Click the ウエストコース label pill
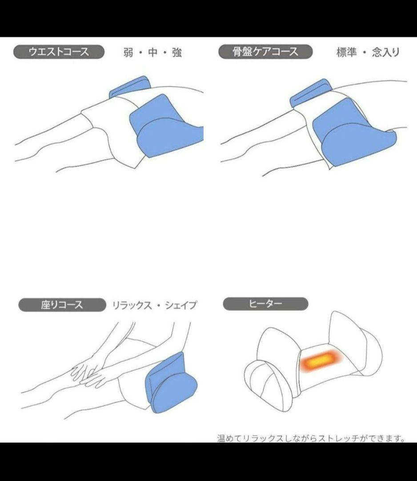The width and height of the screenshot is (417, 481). (x=59, y=52)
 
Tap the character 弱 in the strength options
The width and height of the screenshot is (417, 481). (x=128, y=53)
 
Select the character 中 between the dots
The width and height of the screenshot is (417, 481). (x=152, y=53)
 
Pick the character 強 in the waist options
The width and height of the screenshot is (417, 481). (x=176, y=53)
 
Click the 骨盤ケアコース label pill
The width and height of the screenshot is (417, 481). (x=265, y=52)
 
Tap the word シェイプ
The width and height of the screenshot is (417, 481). (x=180, y=306)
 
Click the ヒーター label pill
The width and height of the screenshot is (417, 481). (x=265, y=304)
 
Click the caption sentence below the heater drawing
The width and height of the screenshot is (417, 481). (x=311, y=438)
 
